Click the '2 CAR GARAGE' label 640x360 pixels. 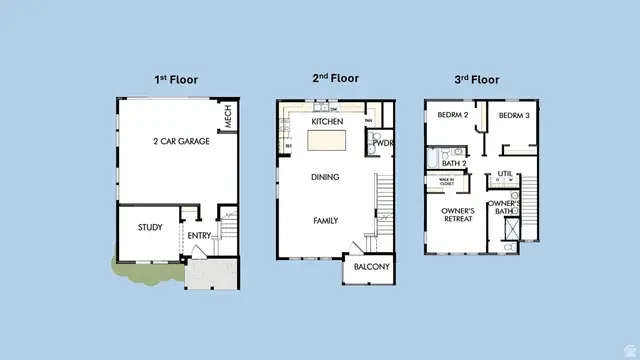point(181,142)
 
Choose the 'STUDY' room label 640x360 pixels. point(150,228)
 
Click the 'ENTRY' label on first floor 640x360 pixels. point(200,236)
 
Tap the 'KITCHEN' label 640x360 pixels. point(327,122)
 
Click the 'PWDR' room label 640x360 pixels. point(382,144)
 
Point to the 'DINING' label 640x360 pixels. point(325,178)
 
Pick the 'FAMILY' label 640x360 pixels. point(325,220)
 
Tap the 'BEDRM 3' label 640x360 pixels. point(513,116)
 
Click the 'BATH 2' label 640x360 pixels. point(455,164)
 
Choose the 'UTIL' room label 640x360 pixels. point(505,174)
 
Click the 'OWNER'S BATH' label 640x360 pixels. point(503,208)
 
